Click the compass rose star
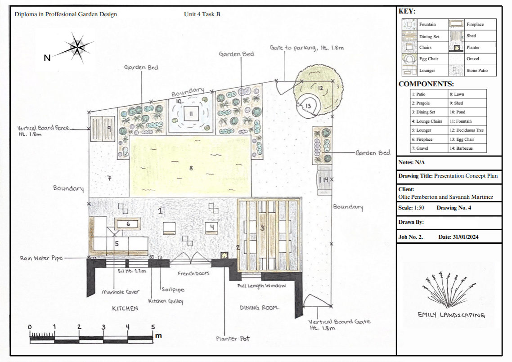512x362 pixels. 77,48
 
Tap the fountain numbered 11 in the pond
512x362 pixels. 191,114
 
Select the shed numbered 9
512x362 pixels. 103,129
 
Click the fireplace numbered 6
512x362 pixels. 128,224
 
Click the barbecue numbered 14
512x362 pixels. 325,180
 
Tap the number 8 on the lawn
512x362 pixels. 191,168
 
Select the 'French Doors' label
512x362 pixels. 193,273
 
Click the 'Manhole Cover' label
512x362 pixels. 121,292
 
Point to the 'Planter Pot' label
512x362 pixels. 233,339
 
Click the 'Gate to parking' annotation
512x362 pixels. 306,48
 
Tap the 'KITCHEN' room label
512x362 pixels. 125,308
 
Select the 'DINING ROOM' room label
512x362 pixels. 259,308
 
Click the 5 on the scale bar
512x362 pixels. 153,326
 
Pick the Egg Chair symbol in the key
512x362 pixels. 409,59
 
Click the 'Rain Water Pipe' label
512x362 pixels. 41,258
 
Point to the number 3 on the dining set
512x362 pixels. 262,228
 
